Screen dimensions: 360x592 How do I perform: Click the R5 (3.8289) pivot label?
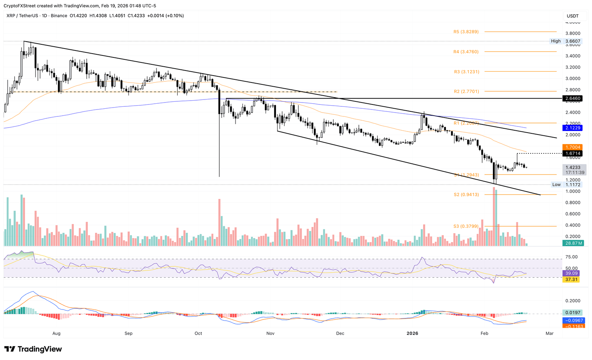click(x=466, y=32)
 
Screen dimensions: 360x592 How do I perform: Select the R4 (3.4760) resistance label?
click(x=466, y=51)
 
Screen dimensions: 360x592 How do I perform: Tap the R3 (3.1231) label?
click(x=466, y=71)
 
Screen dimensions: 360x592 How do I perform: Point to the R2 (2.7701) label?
click(x=466, y=91)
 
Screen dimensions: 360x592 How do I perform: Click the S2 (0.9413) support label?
click(x=466, y=195)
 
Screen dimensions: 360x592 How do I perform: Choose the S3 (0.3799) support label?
click(x=466, y=226)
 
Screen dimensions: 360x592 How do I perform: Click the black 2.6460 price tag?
click(x=573, y=99)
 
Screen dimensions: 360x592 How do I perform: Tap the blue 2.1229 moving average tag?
click(x=573, y=128)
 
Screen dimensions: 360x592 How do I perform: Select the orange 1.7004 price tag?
click(x=573, y=147)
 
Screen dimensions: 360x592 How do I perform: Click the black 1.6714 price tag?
click(x=573, y=153)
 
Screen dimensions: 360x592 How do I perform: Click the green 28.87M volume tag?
click(x=573, y=243)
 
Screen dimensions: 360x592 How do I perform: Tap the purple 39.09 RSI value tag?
click(x=571, y=273)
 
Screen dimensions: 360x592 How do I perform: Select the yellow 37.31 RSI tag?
click(x=571, y=279)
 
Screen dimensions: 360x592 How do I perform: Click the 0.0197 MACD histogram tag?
click(x=572, y=313)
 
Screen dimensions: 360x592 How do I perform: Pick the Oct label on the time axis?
click(x=198, y=333)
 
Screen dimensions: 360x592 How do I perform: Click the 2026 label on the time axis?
click(x=412, y=333)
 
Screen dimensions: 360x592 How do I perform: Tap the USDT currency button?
click(x=573, y=16)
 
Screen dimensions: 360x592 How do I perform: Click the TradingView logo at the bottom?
click(x=33, y=349)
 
